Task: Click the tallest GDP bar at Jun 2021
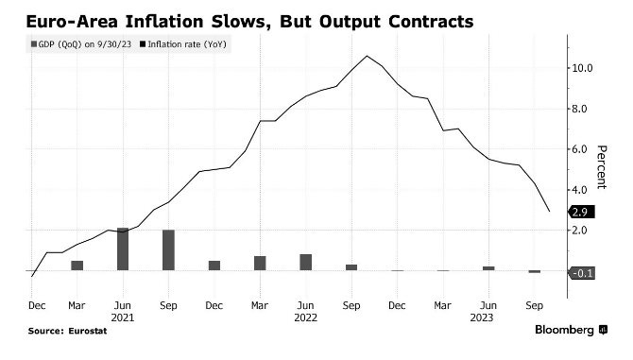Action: click(123, 249)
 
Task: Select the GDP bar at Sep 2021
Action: click(168, 250)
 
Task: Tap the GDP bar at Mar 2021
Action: click(77, 266)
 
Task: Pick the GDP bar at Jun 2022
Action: click(305, 263)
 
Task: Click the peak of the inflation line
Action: click(367, 56)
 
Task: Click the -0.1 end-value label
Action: click(581, 273)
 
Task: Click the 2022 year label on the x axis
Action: click(305, 318)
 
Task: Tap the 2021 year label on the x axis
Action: click(123, 318)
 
